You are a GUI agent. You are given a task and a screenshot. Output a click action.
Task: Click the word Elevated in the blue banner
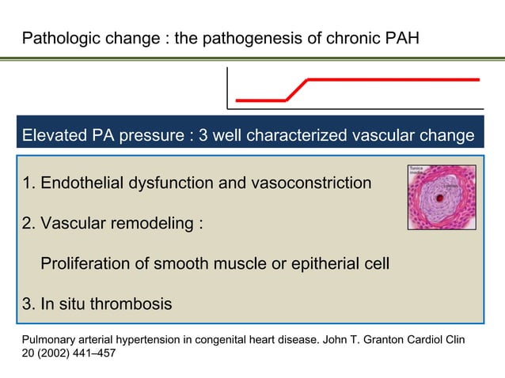point(55,136)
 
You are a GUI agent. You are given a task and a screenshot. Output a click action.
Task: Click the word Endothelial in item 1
point(78,183)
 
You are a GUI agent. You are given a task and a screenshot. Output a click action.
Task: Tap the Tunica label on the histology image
point(416,168)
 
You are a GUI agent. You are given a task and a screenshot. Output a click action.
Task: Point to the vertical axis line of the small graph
point(227,87)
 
